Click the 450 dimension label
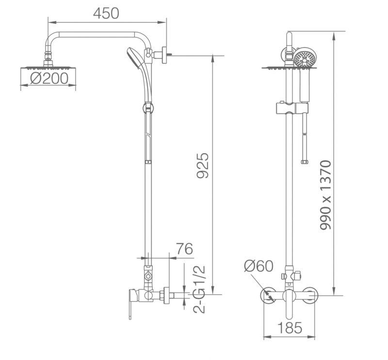[106, 14]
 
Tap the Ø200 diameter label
[49, 79]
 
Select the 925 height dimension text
[203, 165]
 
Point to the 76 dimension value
[184, 248]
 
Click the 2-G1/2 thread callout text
[199, 289]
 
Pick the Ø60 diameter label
[259, 266]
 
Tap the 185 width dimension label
[290, 328]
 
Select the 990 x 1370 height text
[325, 195]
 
